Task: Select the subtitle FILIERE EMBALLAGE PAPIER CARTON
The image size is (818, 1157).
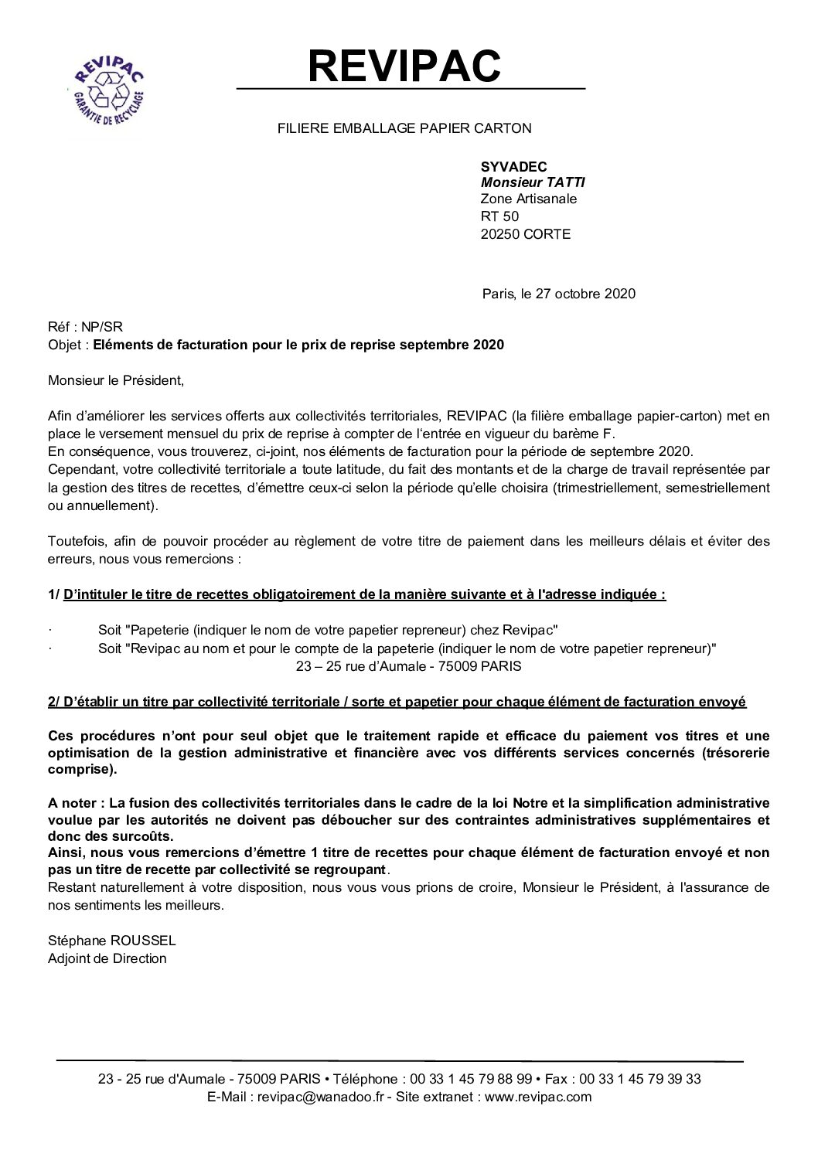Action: point(404,128)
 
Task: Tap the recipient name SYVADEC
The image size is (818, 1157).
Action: point(513,167)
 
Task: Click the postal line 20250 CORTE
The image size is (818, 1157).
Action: point(525,234)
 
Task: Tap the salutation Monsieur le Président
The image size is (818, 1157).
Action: point(117,380)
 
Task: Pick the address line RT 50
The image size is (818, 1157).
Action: point(499,217)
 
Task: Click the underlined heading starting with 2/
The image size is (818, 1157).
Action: point(397,702)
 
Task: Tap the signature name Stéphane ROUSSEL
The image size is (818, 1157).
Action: point(111,941)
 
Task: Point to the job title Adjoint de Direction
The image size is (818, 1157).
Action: point(107,958)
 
